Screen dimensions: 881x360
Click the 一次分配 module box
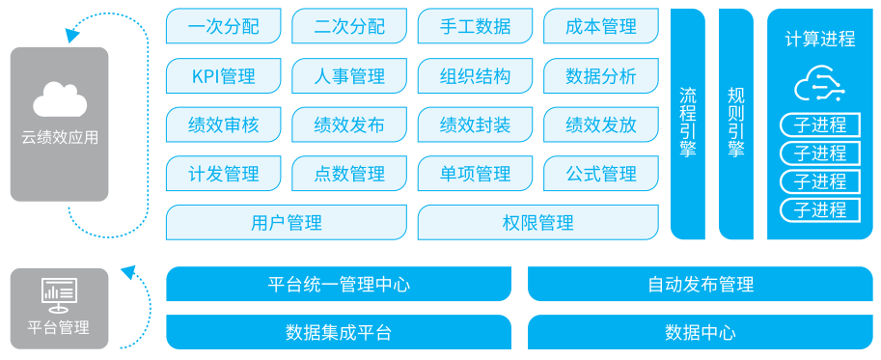[224, 26]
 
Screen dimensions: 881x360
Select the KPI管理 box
[224, 75]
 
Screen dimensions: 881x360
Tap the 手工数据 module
[476, 26]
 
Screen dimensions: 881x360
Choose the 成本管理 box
[601, 26]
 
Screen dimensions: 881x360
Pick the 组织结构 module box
[476, 75]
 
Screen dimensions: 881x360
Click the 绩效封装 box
[476, 125]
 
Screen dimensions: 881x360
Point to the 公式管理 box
[601, 174]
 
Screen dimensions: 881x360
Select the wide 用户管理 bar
[287, 222]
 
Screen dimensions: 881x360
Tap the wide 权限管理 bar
[538, 222]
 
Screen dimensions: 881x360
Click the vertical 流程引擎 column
[688, 125]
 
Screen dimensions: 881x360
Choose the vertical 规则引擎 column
[736, 125]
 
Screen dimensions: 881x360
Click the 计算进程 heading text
[820, 40]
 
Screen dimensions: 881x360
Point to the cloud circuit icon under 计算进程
[820, 84]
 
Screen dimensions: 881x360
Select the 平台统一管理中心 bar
[339, 284]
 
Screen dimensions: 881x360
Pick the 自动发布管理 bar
[701, 284]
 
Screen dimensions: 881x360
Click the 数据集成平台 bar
[339, 332]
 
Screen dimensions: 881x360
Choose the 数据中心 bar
[701, 332]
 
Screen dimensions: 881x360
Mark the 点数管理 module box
[349, 174]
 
